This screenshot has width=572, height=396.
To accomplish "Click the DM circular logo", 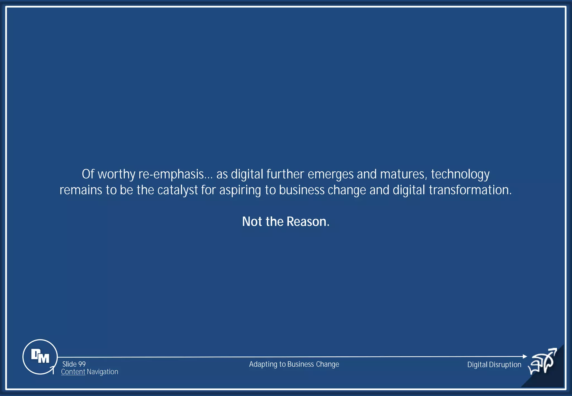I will [40, 357].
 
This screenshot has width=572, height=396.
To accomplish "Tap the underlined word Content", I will [73, 372].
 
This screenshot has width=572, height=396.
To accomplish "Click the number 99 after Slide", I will [82, 364].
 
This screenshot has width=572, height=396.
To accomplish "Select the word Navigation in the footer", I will [103, 372].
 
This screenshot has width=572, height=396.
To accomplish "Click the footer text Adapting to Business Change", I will [294, 364].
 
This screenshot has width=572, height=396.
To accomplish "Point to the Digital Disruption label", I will [494, 364].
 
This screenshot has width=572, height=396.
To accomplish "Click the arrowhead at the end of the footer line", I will [525, 356].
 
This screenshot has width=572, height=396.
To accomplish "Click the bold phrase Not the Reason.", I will [286, 221].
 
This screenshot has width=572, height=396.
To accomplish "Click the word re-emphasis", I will [171, 174].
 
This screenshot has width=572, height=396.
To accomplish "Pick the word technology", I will [460, 174].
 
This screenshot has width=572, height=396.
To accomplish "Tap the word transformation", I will [470, 190].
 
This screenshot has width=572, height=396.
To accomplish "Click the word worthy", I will [116, 174].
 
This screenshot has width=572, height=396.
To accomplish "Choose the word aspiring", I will [240, 190].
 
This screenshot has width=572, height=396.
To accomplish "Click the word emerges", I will [330, 174].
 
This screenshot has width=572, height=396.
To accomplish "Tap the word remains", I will [81, 190].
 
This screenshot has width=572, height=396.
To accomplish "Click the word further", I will [285, 174].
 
